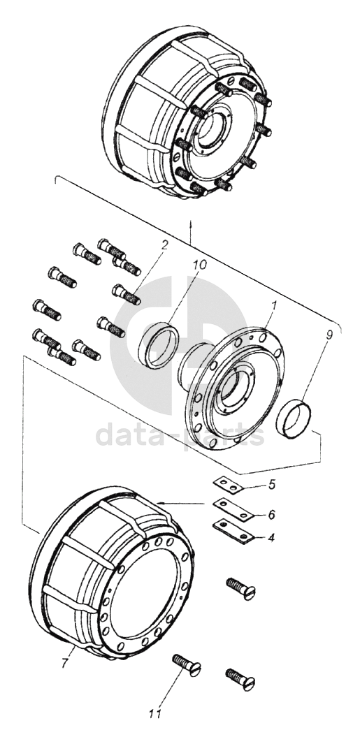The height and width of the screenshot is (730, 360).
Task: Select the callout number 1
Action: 274,307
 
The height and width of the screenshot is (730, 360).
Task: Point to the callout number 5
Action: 272,485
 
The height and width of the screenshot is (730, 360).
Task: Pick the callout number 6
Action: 271,514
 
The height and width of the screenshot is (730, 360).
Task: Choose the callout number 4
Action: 271,538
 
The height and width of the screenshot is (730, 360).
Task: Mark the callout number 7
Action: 64,663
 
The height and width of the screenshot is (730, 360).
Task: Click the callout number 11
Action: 155,713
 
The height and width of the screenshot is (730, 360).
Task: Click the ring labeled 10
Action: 159,346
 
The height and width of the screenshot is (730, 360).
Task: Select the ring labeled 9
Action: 294,419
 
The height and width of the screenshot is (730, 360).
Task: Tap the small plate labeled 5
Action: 228,485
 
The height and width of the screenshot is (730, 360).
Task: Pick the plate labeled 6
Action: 233,510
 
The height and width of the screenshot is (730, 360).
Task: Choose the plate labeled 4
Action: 233,531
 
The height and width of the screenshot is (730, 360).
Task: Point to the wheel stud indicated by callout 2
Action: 127,295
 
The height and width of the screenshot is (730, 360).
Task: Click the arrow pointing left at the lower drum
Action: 181,503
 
